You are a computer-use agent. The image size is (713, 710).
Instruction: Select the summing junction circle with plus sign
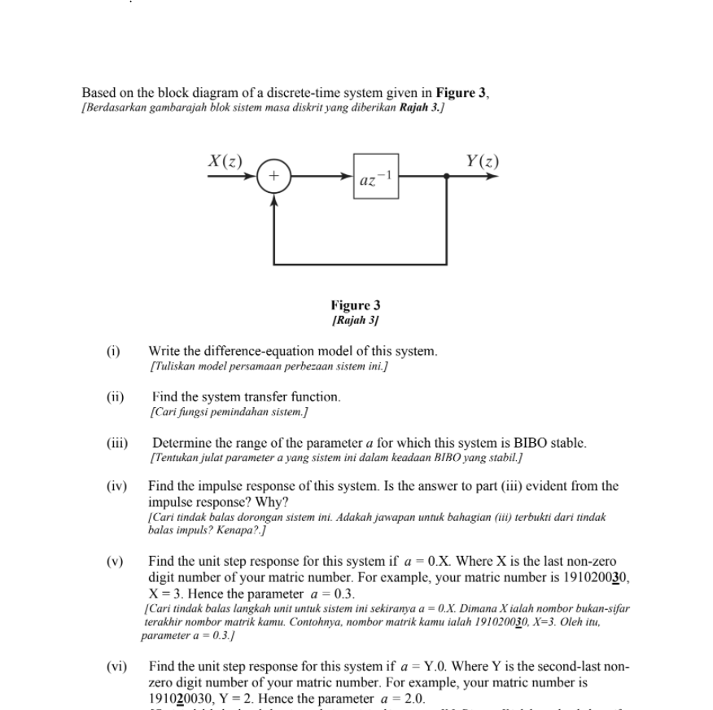(273, 176)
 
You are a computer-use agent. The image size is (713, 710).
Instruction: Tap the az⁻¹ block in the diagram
(375, 176)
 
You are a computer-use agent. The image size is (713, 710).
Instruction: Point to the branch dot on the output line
(447, 176)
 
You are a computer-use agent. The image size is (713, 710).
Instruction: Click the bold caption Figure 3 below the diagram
(356, 305)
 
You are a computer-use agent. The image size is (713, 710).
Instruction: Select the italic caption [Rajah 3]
(356, 320)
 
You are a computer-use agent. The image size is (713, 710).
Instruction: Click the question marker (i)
(113, 352)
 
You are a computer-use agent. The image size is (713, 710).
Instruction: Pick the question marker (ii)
(115, 397)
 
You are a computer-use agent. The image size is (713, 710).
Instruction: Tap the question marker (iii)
(117, 444)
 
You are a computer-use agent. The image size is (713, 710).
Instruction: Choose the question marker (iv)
(117, 486)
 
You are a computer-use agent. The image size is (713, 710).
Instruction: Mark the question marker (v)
(115, 561)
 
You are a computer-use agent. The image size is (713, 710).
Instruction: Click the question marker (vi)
(117, 666)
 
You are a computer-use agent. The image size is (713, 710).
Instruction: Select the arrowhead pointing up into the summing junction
(273, 195)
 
